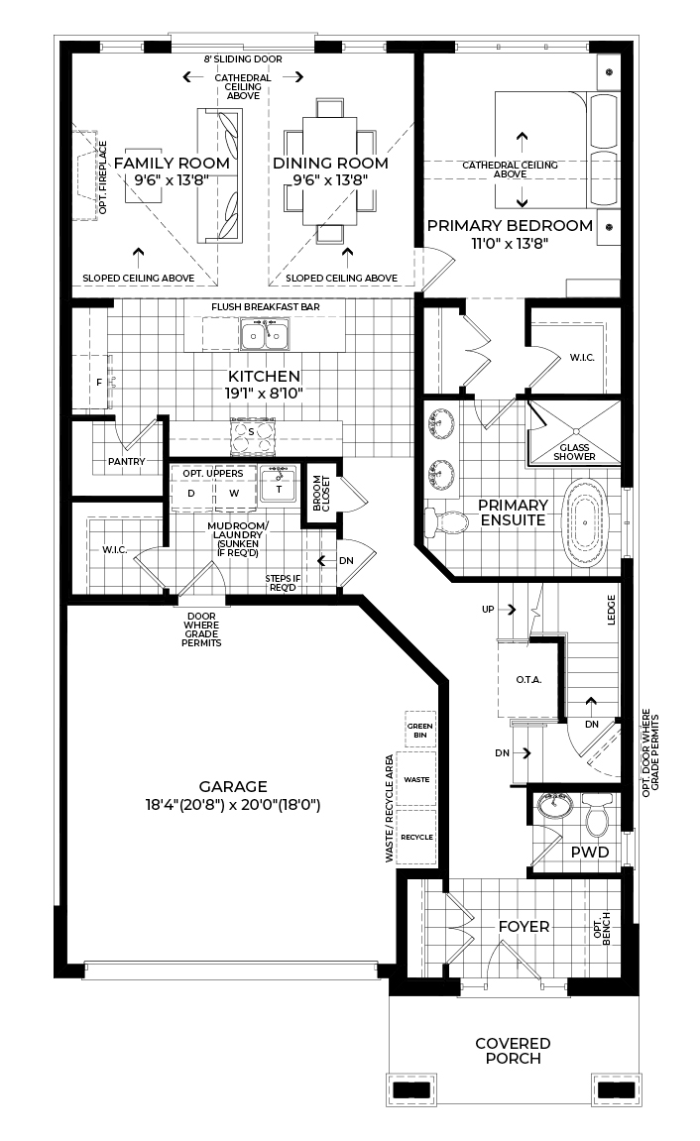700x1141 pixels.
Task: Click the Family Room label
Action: [x=172, y=163]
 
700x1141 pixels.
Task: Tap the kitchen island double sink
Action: [x=264, y=335]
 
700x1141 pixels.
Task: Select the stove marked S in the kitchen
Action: [x=251, y=432]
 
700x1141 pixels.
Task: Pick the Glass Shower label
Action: [x=574, y=452]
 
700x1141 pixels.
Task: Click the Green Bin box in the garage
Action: [x=419, y=731]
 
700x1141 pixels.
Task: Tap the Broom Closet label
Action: [x=321, y=494]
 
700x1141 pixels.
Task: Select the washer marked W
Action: [x=234, y=493]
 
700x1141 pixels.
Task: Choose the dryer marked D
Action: [x=191, y=493]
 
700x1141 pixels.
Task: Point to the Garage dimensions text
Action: [x=233, y=806]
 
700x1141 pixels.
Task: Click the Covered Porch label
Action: [x=513, y=1051]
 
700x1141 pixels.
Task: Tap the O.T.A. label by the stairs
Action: [x=529, y=680]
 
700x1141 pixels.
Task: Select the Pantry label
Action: [x=127, y=461]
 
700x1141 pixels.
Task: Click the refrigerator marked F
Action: [x=99, y=382]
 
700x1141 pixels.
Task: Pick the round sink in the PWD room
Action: [x=554, y=806]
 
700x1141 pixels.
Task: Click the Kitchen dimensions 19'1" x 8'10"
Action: [x=264, y=393]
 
